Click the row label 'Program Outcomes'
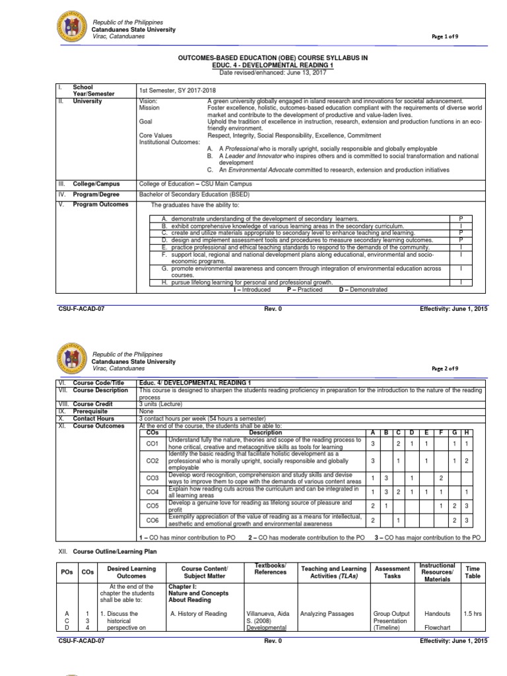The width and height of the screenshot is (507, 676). point(100,205)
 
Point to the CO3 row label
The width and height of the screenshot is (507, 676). point(152,477)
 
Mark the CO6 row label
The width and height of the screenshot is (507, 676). point(152,520)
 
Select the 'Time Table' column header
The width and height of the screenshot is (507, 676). point(473,573)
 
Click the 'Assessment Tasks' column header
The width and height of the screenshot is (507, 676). point(391,573)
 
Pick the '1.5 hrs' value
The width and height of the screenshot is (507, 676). point(473,614)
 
